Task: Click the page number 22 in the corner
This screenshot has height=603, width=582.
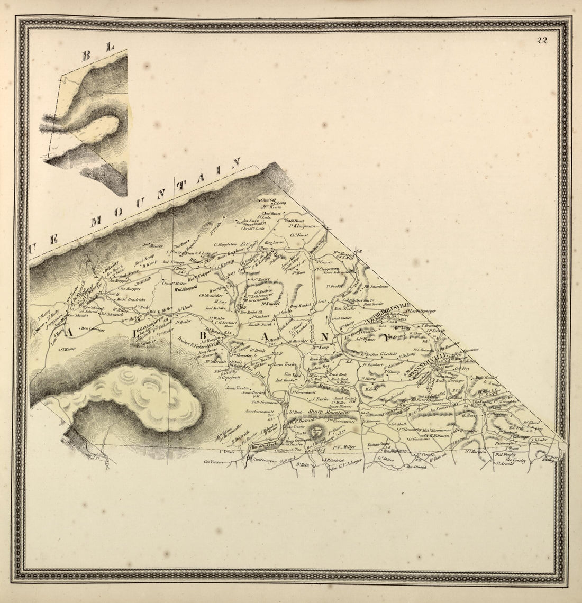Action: click(541, 41)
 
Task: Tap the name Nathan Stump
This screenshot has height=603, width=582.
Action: click(379, 444)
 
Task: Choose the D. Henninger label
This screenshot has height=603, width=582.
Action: click(466, 430)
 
